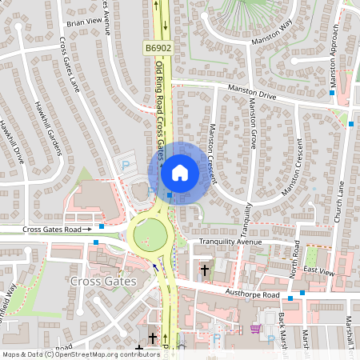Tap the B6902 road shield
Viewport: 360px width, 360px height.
pos(158,49)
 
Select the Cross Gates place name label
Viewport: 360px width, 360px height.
pos(103,282)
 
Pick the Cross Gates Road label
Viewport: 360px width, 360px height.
pos(57,230)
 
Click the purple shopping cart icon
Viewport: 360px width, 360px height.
pos(255,328)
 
